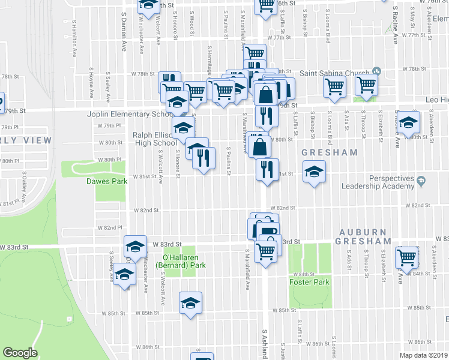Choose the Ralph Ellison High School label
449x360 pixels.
point(154,139)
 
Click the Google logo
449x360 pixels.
point(20,353)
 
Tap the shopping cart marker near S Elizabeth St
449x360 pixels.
point(366,85)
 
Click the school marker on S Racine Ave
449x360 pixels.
point(409,123)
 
